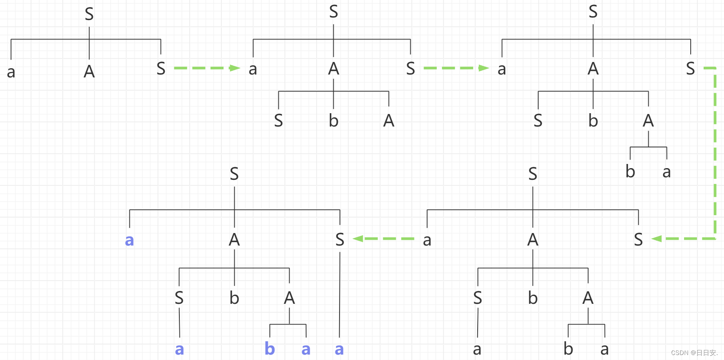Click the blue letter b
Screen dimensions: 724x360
coord(270,349)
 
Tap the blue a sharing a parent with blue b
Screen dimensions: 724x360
coord(306,349)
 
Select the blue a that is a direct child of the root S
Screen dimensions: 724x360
coord(129,240)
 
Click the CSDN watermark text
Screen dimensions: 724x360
coord(694,353)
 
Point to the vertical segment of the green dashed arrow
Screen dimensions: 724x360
coord(715,154)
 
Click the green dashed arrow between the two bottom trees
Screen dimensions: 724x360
coord(383,238)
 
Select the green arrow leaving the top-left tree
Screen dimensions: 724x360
coord(207,68)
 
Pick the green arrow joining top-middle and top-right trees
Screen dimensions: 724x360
coord(456,68)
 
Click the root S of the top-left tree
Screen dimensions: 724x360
coord(89,14)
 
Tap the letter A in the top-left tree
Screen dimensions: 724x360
coord(89,72)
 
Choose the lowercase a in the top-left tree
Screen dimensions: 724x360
coord(11,72)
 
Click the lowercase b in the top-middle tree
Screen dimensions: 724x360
coord(333,121)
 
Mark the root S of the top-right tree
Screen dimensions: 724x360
coord(593,12)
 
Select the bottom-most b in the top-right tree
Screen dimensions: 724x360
coord(630,171)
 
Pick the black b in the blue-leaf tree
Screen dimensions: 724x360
coord(234,298)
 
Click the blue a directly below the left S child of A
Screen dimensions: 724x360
coord(179,349)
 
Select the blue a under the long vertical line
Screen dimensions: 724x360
coord(339,349)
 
